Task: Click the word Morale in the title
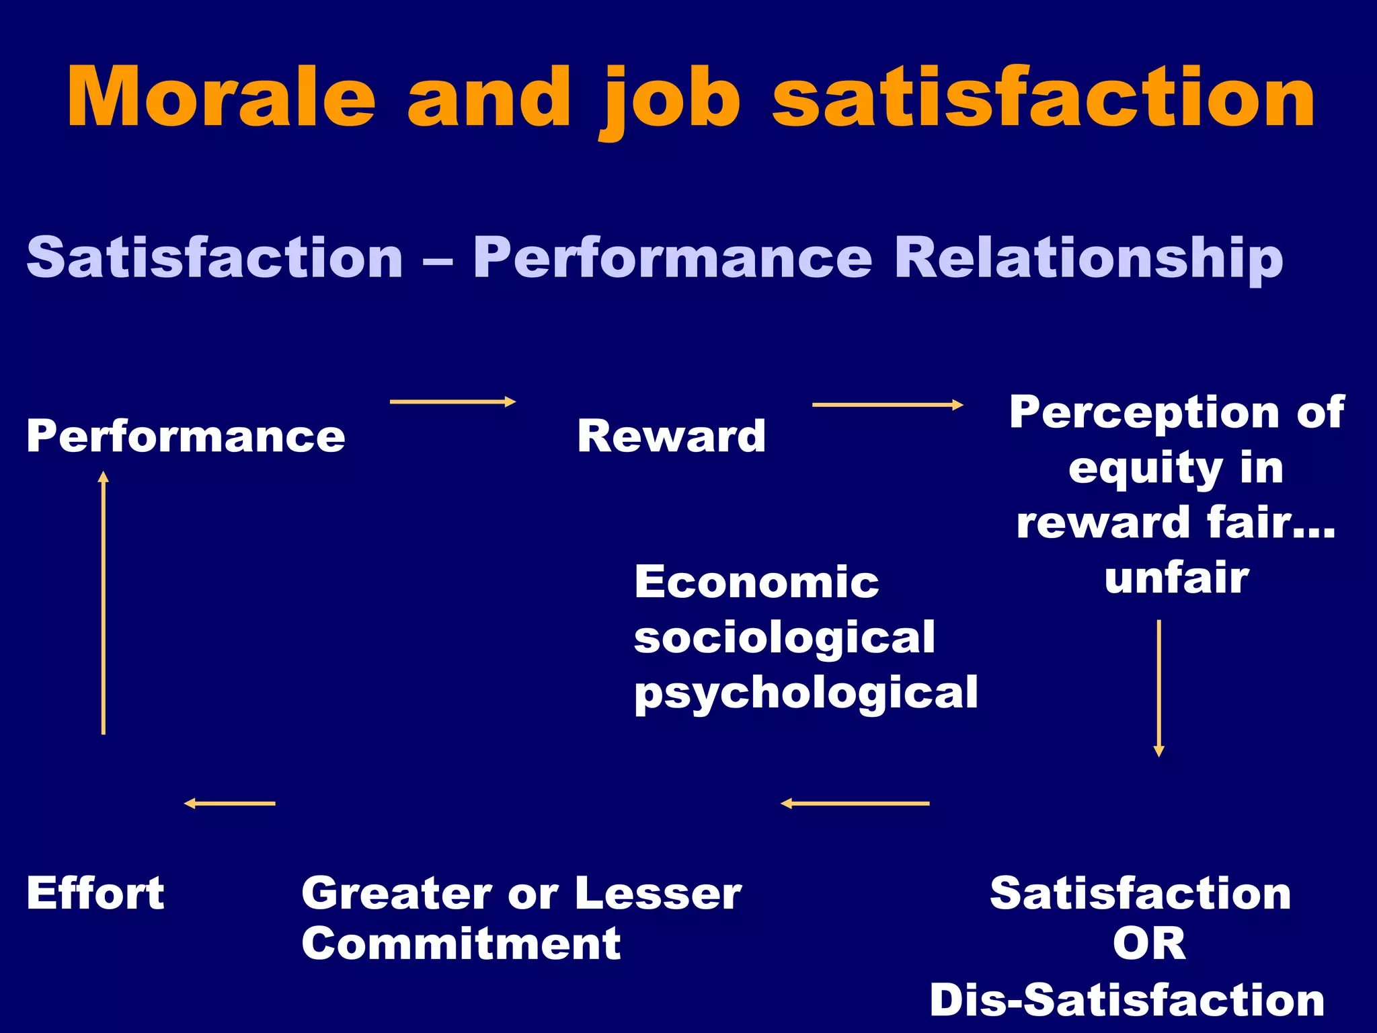tap(221, 98)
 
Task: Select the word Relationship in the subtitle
tap(1089, 259)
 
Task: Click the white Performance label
tap(186, 436)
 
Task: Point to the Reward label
tap(671, 436)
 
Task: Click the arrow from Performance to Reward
tap(452, 402)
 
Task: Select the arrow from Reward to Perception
tap(887, 405)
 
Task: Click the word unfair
tap(1176, 578)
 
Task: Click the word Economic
tap(756, 582)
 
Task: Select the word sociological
tap(784, 638)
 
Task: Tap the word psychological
tap(805, 693)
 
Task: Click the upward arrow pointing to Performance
tap(104, 603)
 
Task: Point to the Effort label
tap(95, 894)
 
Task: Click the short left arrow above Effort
tap(230, 803)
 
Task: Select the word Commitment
tap(461, 944)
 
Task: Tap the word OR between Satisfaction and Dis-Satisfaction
tap(1148, 944)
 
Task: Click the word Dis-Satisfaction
tap(1127, 1001)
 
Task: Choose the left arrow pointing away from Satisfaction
tap(855, 803)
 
